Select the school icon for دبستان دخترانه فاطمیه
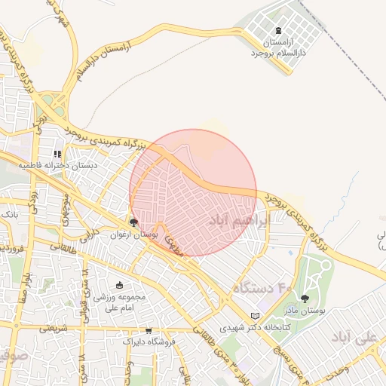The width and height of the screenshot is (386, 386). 58,154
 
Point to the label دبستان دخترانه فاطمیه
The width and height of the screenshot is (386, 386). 58,166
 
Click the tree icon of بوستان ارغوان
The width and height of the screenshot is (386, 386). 133,222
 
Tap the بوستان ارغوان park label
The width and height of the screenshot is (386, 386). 133,235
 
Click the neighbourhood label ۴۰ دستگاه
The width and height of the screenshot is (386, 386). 262,288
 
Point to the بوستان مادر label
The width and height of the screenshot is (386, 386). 305,311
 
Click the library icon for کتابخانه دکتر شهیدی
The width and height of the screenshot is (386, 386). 254,315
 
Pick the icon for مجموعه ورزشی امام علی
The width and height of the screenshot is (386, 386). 119,285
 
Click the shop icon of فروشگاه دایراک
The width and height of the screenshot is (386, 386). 149,331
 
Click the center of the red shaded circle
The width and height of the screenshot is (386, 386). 193,192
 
